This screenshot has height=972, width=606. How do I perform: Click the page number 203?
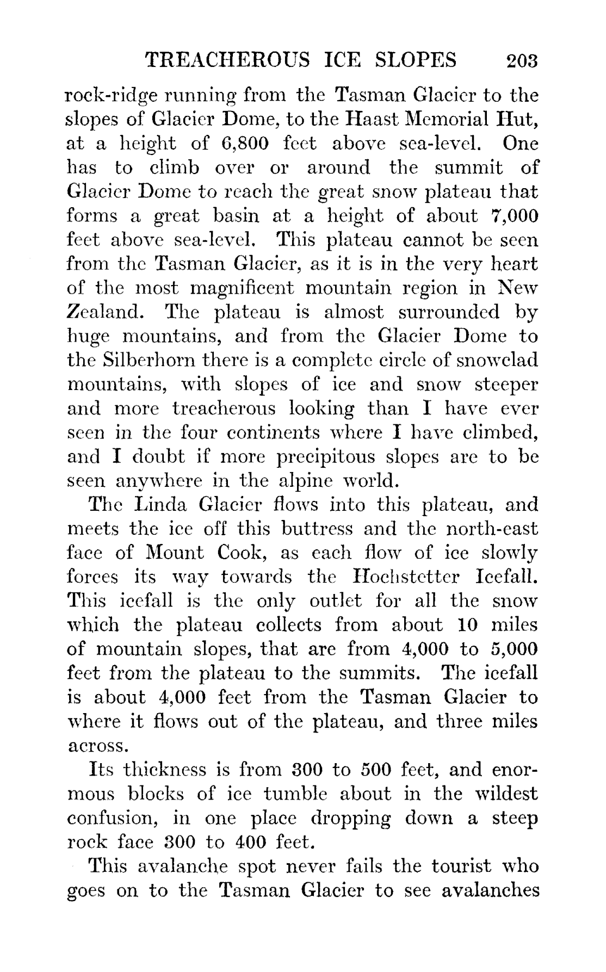[x=521, y=60]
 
